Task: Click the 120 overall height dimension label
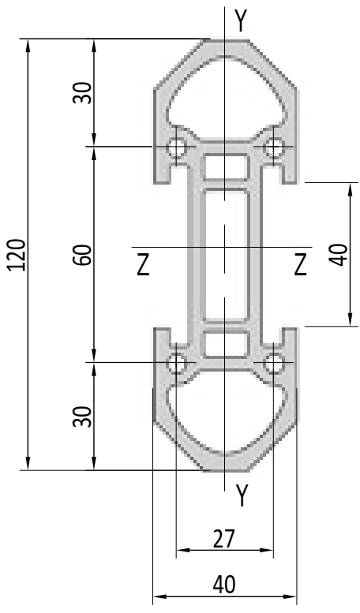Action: click(x=17, y=255)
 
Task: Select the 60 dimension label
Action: click(x=84, y=255)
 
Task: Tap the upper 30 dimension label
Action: click(x=83, y=93)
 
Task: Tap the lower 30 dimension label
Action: click(x=83, y=417)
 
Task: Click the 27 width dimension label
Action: click(x=224, y=539)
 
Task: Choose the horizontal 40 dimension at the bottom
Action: click(x=225, y=585)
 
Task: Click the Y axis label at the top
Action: click(x=242, y=21)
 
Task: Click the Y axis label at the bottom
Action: click(x=242, y=495)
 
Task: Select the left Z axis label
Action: click(x=143, y=264)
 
